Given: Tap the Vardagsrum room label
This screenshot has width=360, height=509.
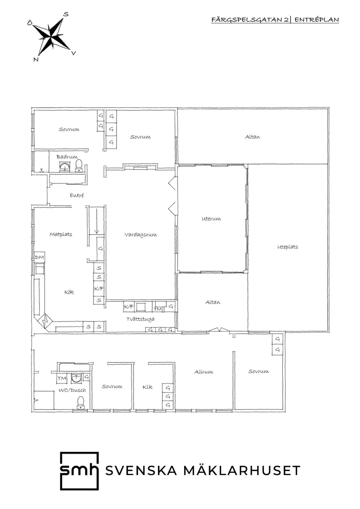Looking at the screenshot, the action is click(x=141, y=235).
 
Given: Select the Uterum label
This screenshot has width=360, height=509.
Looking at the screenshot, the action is click(x=211, y=219).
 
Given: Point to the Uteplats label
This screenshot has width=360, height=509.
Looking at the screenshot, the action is click(x=288, y=247).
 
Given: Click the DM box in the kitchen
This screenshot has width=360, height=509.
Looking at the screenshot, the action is click(x=39, y=257).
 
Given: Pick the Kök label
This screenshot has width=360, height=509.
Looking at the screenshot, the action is click(x=69, y=292).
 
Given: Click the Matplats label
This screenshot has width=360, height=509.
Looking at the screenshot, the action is click(x=61, y=234).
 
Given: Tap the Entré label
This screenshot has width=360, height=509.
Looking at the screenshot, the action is click(x=77, y=195).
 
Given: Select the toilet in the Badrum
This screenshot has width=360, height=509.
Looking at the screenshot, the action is click(x=79, y=165).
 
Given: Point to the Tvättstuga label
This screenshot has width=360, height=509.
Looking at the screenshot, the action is click(x=141, y=319).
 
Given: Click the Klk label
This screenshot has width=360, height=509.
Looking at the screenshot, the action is click(x=147, y=387).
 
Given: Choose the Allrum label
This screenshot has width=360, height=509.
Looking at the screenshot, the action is click(x=204, y=372).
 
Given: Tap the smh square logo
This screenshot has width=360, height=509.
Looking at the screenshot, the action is click(x=79, y=471).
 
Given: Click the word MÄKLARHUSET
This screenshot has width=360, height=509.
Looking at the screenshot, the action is click(x=242, y=470).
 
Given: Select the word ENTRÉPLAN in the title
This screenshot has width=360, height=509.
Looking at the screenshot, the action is click(x=316, y=20).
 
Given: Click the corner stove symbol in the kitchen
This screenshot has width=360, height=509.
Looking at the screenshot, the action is click(x=45, y=321).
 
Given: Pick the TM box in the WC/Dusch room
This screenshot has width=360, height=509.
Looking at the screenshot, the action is click(x=62, y=379).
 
